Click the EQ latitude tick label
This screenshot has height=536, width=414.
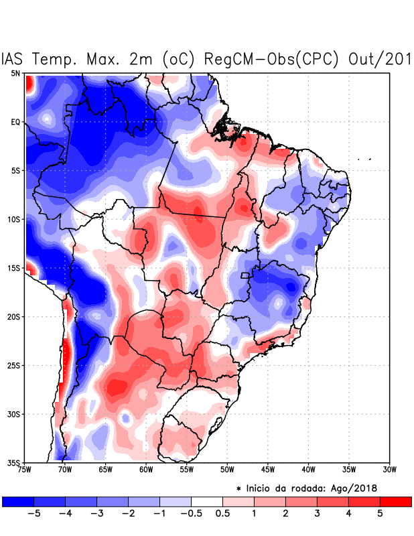click(x=15, y=122)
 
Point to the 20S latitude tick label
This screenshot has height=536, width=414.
click(x=14, y=316)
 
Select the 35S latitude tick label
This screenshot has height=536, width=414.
click(x=14, y=462)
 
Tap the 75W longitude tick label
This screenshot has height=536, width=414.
click(x=25, y=470)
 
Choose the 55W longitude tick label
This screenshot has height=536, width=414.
click(x=187, y=470)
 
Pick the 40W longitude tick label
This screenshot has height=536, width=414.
click(x=309, y=470)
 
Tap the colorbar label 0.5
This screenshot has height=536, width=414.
click(x=223, y=513)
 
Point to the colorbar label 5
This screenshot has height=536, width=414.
click(x=381, y=513)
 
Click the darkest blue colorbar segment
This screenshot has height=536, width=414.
click(x=17, y=501)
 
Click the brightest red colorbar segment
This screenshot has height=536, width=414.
click(x=395, y=501)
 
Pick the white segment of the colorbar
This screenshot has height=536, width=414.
click(x=207, y=501)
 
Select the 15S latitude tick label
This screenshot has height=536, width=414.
click(x=14, y=268)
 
